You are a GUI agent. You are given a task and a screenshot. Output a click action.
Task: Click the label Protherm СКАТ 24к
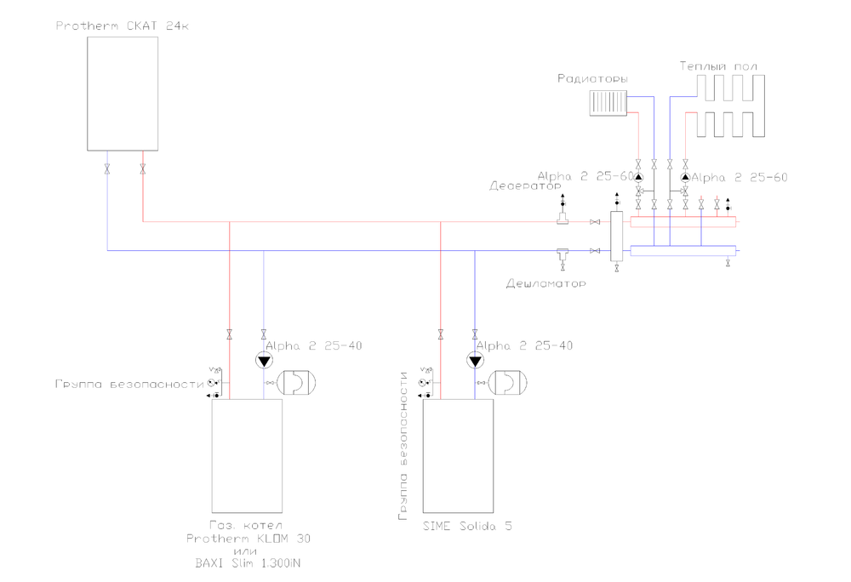[123, 26]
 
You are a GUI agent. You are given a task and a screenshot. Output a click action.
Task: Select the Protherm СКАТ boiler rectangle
[123, 93]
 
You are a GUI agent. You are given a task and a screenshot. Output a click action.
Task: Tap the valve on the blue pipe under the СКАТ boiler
[107, 168]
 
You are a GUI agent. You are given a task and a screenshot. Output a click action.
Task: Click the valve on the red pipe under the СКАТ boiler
[142, 168]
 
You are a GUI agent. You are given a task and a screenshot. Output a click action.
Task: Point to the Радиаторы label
[592, 78]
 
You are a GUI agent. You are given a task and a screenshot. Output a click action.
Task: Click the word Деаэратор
[526, 185]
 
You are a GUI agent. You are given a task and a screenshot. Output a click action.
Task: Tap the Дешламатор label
[545, 283]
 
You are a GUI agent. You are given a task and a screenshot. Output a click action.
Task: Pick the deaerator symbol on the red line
[563, 220]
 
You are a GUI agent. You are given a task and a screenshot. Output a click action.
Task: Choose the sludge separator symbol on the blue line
[563, 253]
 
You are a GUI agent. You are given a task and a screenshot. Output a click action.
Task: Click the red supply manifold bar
[683, 222]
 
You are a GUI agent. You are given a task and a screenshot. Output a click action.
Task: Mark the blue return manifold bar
[683, 251]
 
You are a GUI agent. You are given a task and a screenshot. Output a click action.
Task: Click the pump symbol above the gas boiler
[263, 361]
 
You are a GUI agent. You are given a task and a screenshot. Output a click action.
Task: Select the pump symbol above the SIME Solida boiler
[474, 361]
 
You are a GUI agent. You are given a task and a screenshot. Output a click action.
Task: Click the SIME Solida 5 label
[467, 526]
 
